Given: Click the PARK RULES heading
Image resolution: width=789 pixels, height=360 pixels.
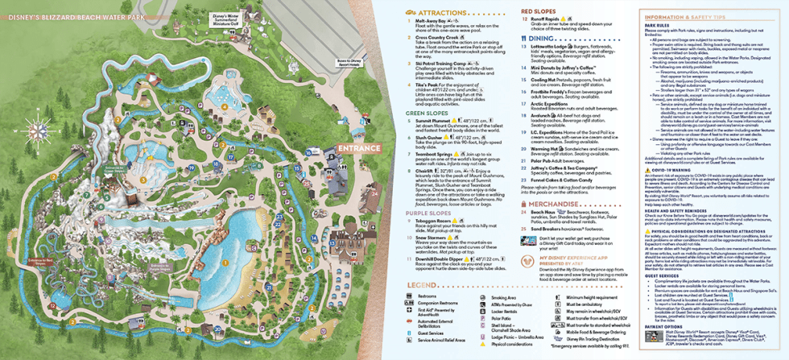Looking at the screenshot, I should coord(658,25).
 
